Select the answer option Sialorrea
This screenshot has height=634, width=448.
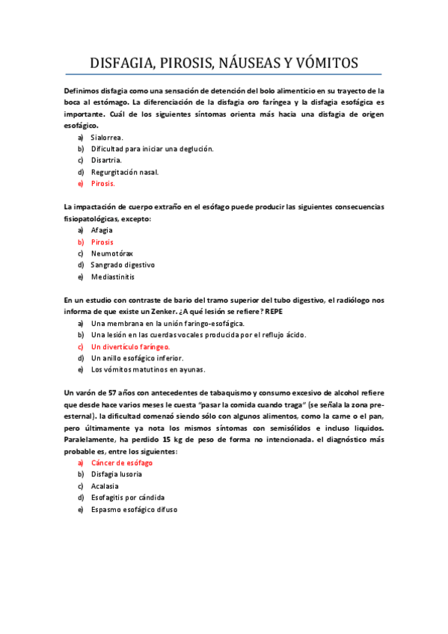click(x=107, y=138)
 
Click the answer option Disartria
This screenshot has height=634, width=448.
click(x=106, y=160)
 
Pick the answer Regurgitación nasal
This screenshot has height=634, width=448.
click(x=125, y=171)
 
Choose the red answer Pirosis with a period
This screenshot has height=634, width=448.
click(x=103, y=183)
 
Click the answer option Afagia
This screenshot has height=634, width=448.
click(x=102, y=230)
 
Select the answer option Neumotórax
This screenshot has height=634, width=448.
click(x=112, y=253)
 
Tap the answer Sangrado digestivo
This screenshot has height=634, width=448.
click(x=123, y=265)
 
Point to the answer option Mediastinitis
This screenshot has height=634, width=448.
click(x=113, y=277)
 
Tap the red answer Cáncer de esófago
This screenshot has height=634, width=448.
click(x=123, y=463)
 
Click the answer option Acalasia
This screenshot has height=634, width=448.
click(x=105, y=486)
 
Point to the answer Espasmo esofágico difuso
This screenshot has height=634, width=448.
click(x=134, y=509)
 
